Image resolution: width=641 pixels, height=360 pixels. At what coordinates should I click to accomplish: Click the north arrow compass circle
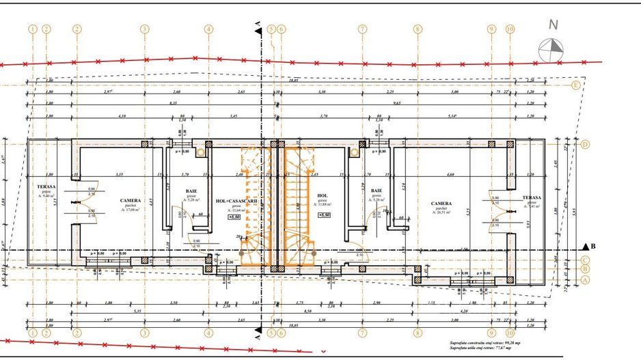[x=551, y=51]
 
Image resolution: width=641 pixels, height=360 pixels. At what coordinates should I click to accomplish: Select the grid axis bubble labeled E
[x=576, y=85]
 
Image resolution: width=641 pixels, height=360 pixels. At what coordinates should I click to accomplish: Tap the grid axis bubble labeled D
[x=585, y=145]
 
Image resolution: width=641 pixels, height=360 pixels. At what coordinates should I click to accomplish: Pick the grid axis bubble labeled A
[x=586, y=279]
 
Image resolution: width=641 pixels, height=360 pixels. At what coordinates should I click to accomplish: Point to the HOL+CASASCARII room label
[x=236, y=201]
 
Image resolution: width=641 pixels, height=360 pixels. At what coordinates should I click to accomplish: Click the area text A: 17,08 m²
[x=130, y=210]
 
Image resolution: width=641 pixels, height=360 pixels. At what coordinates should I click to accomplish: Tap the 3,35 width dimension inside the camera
[x=120, y=175]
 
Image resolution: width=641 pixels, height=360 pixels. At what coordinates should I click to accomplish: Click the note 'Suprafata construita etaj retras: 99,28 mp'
[x=485, y=342]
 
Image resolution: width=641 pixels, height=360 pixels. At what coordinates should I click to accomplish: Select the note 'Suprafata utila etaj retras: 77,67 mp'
[x=485, y=348]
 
